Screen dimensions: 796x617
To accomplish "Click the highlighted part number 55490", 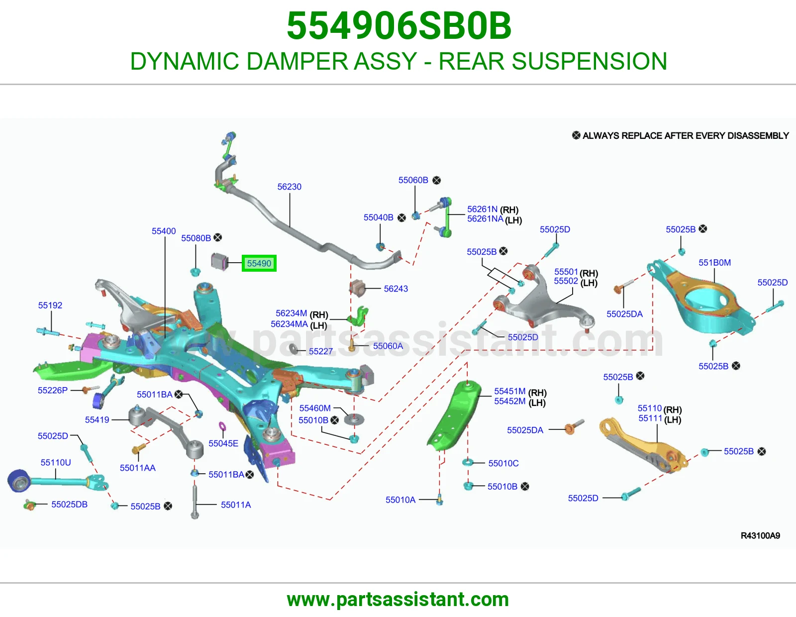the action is coord(259,263).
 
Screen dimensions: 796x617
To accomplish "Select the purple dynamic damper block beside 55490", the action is coord(220,261).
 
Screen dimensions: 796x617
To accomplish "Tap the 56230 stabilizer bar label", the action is coord(290,187).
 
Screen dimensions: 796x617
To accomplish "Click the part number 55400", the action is coord(164,231).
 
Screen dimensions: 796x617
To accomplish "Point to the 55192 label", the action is coord(50,305).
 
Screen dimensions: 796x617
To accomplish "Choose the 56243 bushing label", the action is coord(396,289).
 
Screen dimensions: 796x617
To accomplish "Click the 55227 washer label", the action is coord(321,351).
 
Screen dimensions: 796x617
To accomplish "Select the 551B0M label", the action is coord(715,263).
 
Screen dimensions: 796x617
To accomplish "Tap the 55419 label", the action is coord(97,420).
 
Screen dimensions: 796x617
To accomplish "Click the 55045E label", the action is coord(223,443).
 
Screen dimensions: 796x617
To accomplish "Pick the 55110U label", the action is coord(56,462).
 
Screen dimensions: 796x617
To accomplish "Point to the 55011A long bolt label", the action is coord(236,505).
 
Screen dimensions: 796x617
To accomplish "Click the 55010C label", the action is coord(503,463).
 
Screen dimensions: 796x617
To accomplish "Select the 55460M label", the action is coord(315,408).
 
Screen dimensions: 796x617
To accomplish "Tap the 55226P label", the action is coord(53,390).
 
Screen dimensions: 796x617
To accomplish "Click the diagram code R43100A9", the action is coord(761,536).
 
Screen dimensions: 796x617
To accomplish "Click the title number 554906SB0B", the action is coord(399,26).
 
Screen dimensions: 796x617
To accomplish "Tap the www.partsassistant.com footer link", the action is coord(398,600).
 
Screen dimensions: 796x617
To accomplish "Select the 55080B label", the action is coord(196,238).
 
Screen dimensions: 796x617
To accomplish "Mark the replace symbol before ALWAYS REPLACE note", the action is coord(576,135).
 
